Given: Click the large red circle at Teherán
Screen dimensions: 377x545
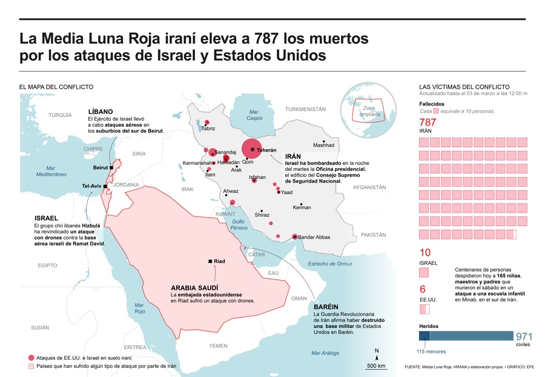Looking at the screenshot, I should point(252,149).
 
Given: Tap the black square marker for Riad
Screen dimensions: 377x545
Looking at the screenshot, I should point(210,261).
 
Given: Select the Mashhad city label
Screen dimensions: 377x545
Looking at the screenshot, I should point(323,145).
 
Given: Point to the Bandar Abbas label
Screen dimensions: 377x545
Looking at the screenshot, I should point(314,237).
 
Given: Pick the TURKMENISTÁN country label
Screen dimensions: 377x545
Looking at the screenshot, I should point(305,109).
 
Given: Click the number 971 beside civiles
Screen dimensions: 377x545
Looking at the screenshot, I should point(524,336).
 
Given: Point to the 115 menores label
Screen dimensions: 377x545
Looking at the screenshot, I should point(431,352).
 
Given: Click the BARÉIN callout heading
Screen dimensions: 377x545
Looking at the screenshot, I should point(326,307).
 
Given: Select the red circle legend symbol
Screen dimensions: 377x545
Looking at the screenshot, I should point(31,358).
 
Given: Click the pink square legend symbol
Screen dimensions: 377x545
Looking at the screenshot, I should point(31,366).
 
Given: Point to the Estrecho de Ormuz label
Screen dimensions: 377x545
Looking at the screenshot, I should point(329,264).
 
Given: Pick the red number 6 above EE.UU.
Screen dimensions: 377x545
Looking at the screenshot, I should point(422,290).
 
